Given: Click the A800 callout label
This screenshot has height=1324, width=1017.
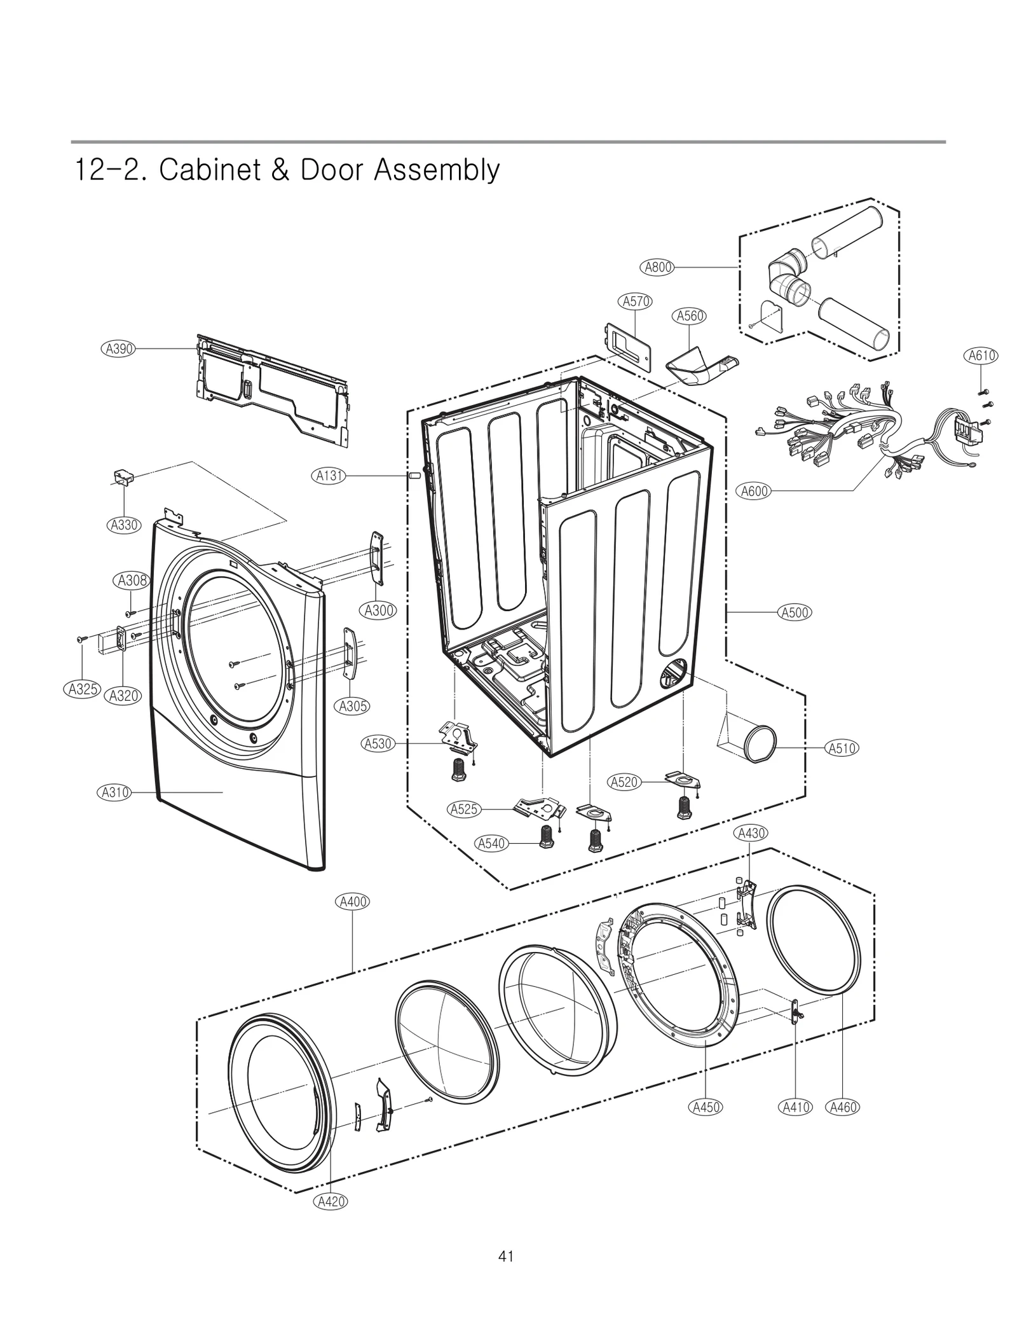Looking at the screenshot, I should (x=659, y=267).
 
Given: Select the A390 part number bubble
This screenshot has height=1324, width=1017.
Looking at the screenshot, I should (x=119, y=348).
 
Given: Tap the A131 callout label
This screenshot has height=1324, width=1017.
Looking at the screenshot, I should (x=330, y=475).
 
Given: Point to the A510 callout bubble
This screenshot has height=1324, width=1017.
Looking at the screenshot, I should (x=842, y=748).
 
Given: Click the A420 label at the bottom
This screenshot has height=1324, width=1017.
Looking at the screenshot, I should (x=331, y=1201).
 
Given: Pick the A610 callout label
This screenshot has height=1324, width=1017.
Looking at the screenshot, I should (x=981, y=355).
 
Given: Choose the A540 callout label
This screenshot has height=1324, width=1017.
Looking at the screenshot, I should (x=491, y=843).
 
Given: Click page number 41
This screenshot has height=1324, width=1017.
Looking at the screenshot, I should (x=506, y=1256).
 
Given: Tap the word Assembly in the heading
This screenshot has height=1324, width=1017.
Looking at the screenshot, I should (x=436, y=170).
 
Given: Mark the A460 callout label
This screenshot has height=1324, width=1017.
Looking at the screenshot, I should (x=843, y=1107).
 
